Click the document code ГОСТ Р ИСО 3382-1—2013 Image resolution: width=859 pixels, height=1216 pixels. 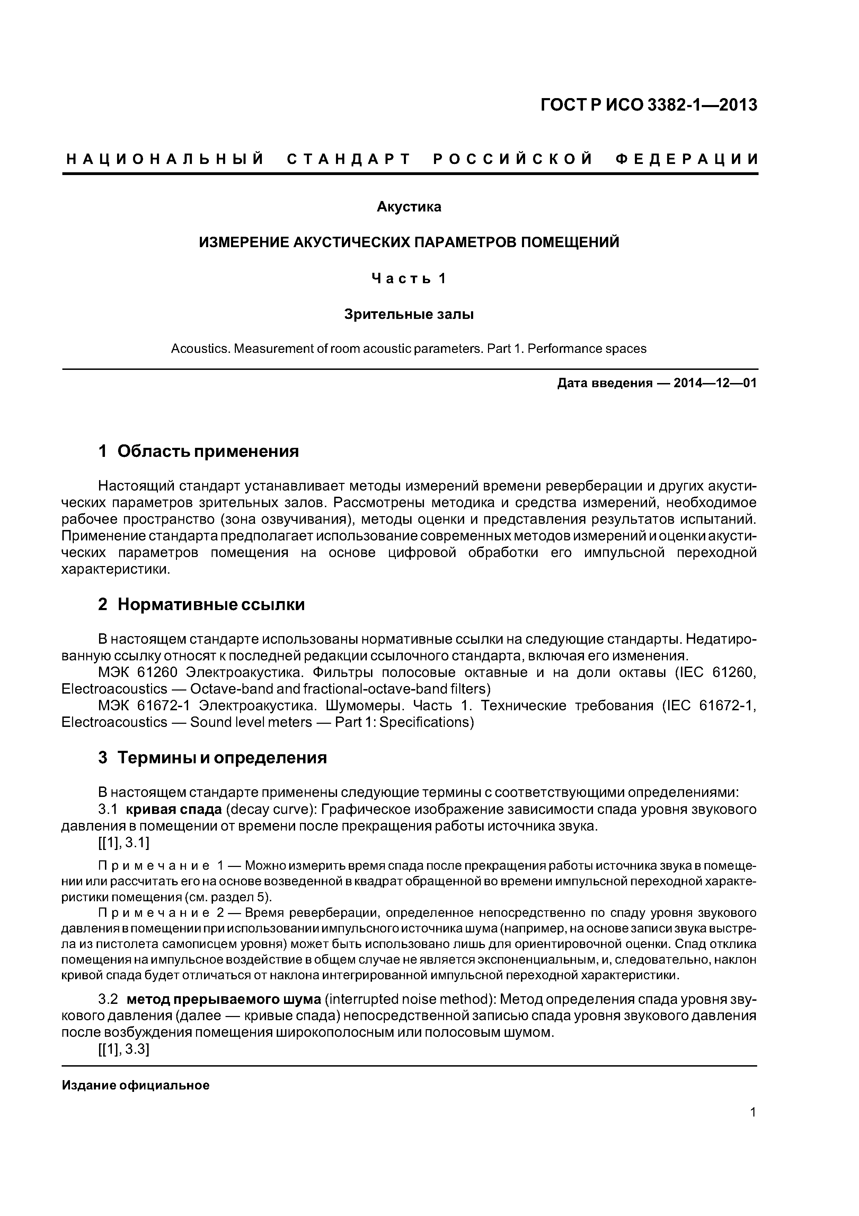click(x=648, y=105)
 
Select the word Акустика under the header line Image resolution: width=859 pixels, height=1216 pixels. click(x=409, y=207)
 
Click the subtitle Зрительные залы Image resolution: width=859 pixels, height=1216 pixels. click(x=409, y=315)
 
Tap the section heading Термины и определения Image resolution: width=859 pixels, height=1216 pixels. click(x=222, y=758)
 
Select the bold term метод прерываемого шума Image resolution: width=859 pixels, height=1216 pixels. click(x=224, y=999)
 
